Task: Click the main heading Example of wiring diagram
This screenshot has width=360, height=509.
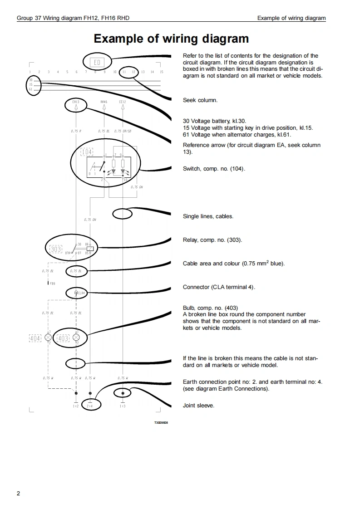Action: pyautogui.click(x=171, y=39)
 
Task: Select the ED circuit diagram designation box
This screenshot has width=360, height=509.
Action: pyautogui.click(x=96, y=62)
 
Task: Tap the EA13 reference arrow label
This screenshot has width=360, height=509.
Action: pyautogui.click(x=76, y=102)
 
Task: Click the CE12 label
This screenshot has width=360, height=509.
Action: pyautogui.click(x=122, y=102)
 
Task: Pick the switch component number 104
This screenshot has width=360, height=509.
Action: pyautogui.click(x=86, y=152)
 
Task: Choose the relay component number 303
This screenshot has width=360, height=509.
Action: pyautogui.click(x=55, y=249)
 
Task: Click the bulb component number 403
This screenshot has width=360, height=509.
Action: pyautogui.click(x=63, y=338)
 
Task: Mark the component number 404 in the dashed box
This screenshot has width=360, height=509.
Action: pyautogui.click(x=35, y=338)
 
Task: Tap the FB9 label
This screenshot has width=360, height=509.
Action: pyautogui.click(x=53, y=284)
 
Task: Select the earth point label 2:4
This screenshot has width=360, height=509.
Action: pyautogui.click(x=90, y=406)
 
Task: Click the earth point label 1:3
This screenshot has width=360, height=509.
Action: pyautogui.click(x=123, y=406)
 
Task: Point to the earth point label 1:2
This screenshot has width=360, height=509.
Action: pyautogui.click(x=76, y=406)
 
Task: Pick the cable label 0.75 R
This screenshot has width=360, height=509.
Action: pyautogui.click(x=76, y=131)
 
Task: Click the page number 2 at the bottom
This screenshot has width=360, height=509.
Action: pyautogui.click(x=18, y=494)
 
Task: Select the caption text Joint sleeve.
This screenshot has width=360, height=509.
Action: pyautogui.click(x=198, y=406)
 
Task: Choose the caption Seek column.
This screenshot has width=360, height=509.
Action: pyautogui.click(x=200, y=100)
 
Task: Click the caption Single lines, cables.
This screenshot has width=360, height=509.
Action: pyautogui.click(x=208, y=216)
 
